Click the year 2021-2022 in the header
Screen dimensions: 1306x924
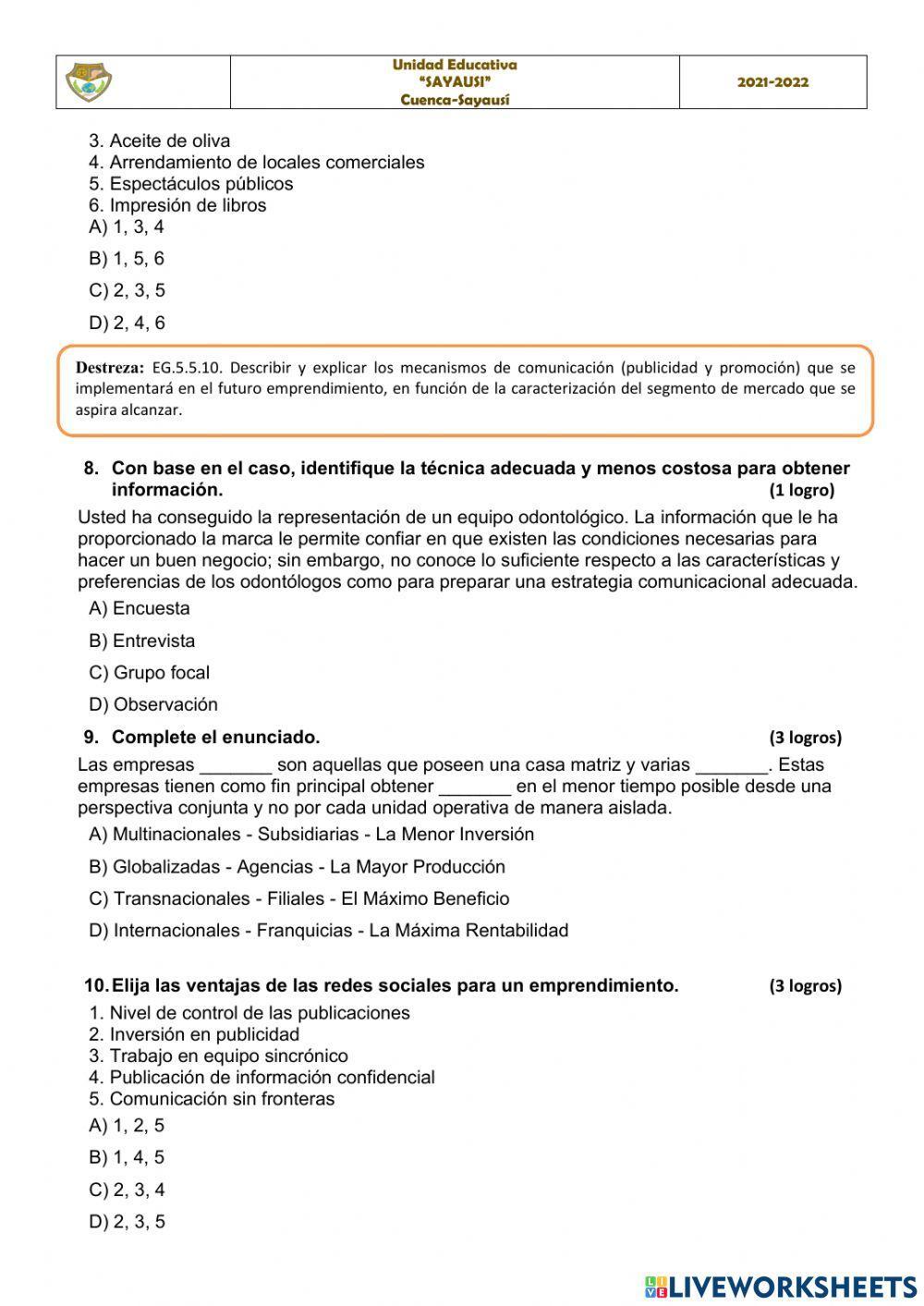[772, 82]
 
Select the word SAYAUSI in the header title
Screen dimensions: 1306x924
[455, 82]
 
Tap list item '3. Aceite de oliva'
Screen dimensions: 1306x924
[159, 141]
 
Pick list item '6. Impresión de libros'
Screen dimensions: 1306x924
[177, 205]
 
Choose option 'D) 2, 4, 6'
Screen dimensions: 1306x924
[127, 323]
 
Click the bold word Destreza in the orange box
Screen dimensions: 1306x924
[110, 368]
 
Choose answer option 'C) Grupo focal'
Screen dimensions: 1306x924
[149, 672]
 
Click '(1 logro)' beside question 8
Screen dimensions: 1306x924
[801, 490]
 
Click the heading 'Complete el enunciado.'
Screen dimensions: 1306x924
[215, 737]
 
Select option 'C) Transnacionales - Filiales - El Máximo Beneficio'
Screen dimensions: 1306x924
[298, 898]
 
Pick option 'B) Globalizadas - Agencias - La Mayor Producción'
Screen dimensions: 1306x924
[297, 866]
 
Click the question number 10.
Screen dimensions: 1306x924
[95, 985]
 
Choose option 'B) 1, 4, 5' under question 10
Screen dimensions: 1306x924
[127, 1157]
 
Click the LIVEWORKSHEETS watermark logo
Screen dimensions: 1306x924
[781, 1286]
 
